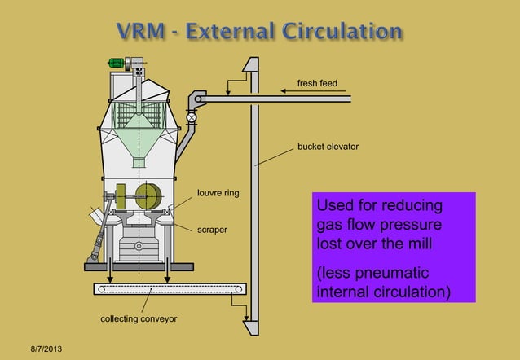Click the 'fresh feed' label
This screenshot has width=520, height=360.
point(317,84)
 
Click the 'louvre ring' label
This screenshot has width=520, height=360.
point(218,194)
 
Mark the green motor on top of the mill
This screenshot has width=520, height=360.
point(118,62)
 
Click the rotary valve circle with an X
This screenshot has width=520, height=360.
point(192,117)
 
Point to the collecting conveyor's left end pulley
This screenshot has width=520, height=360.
point(101,288)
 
